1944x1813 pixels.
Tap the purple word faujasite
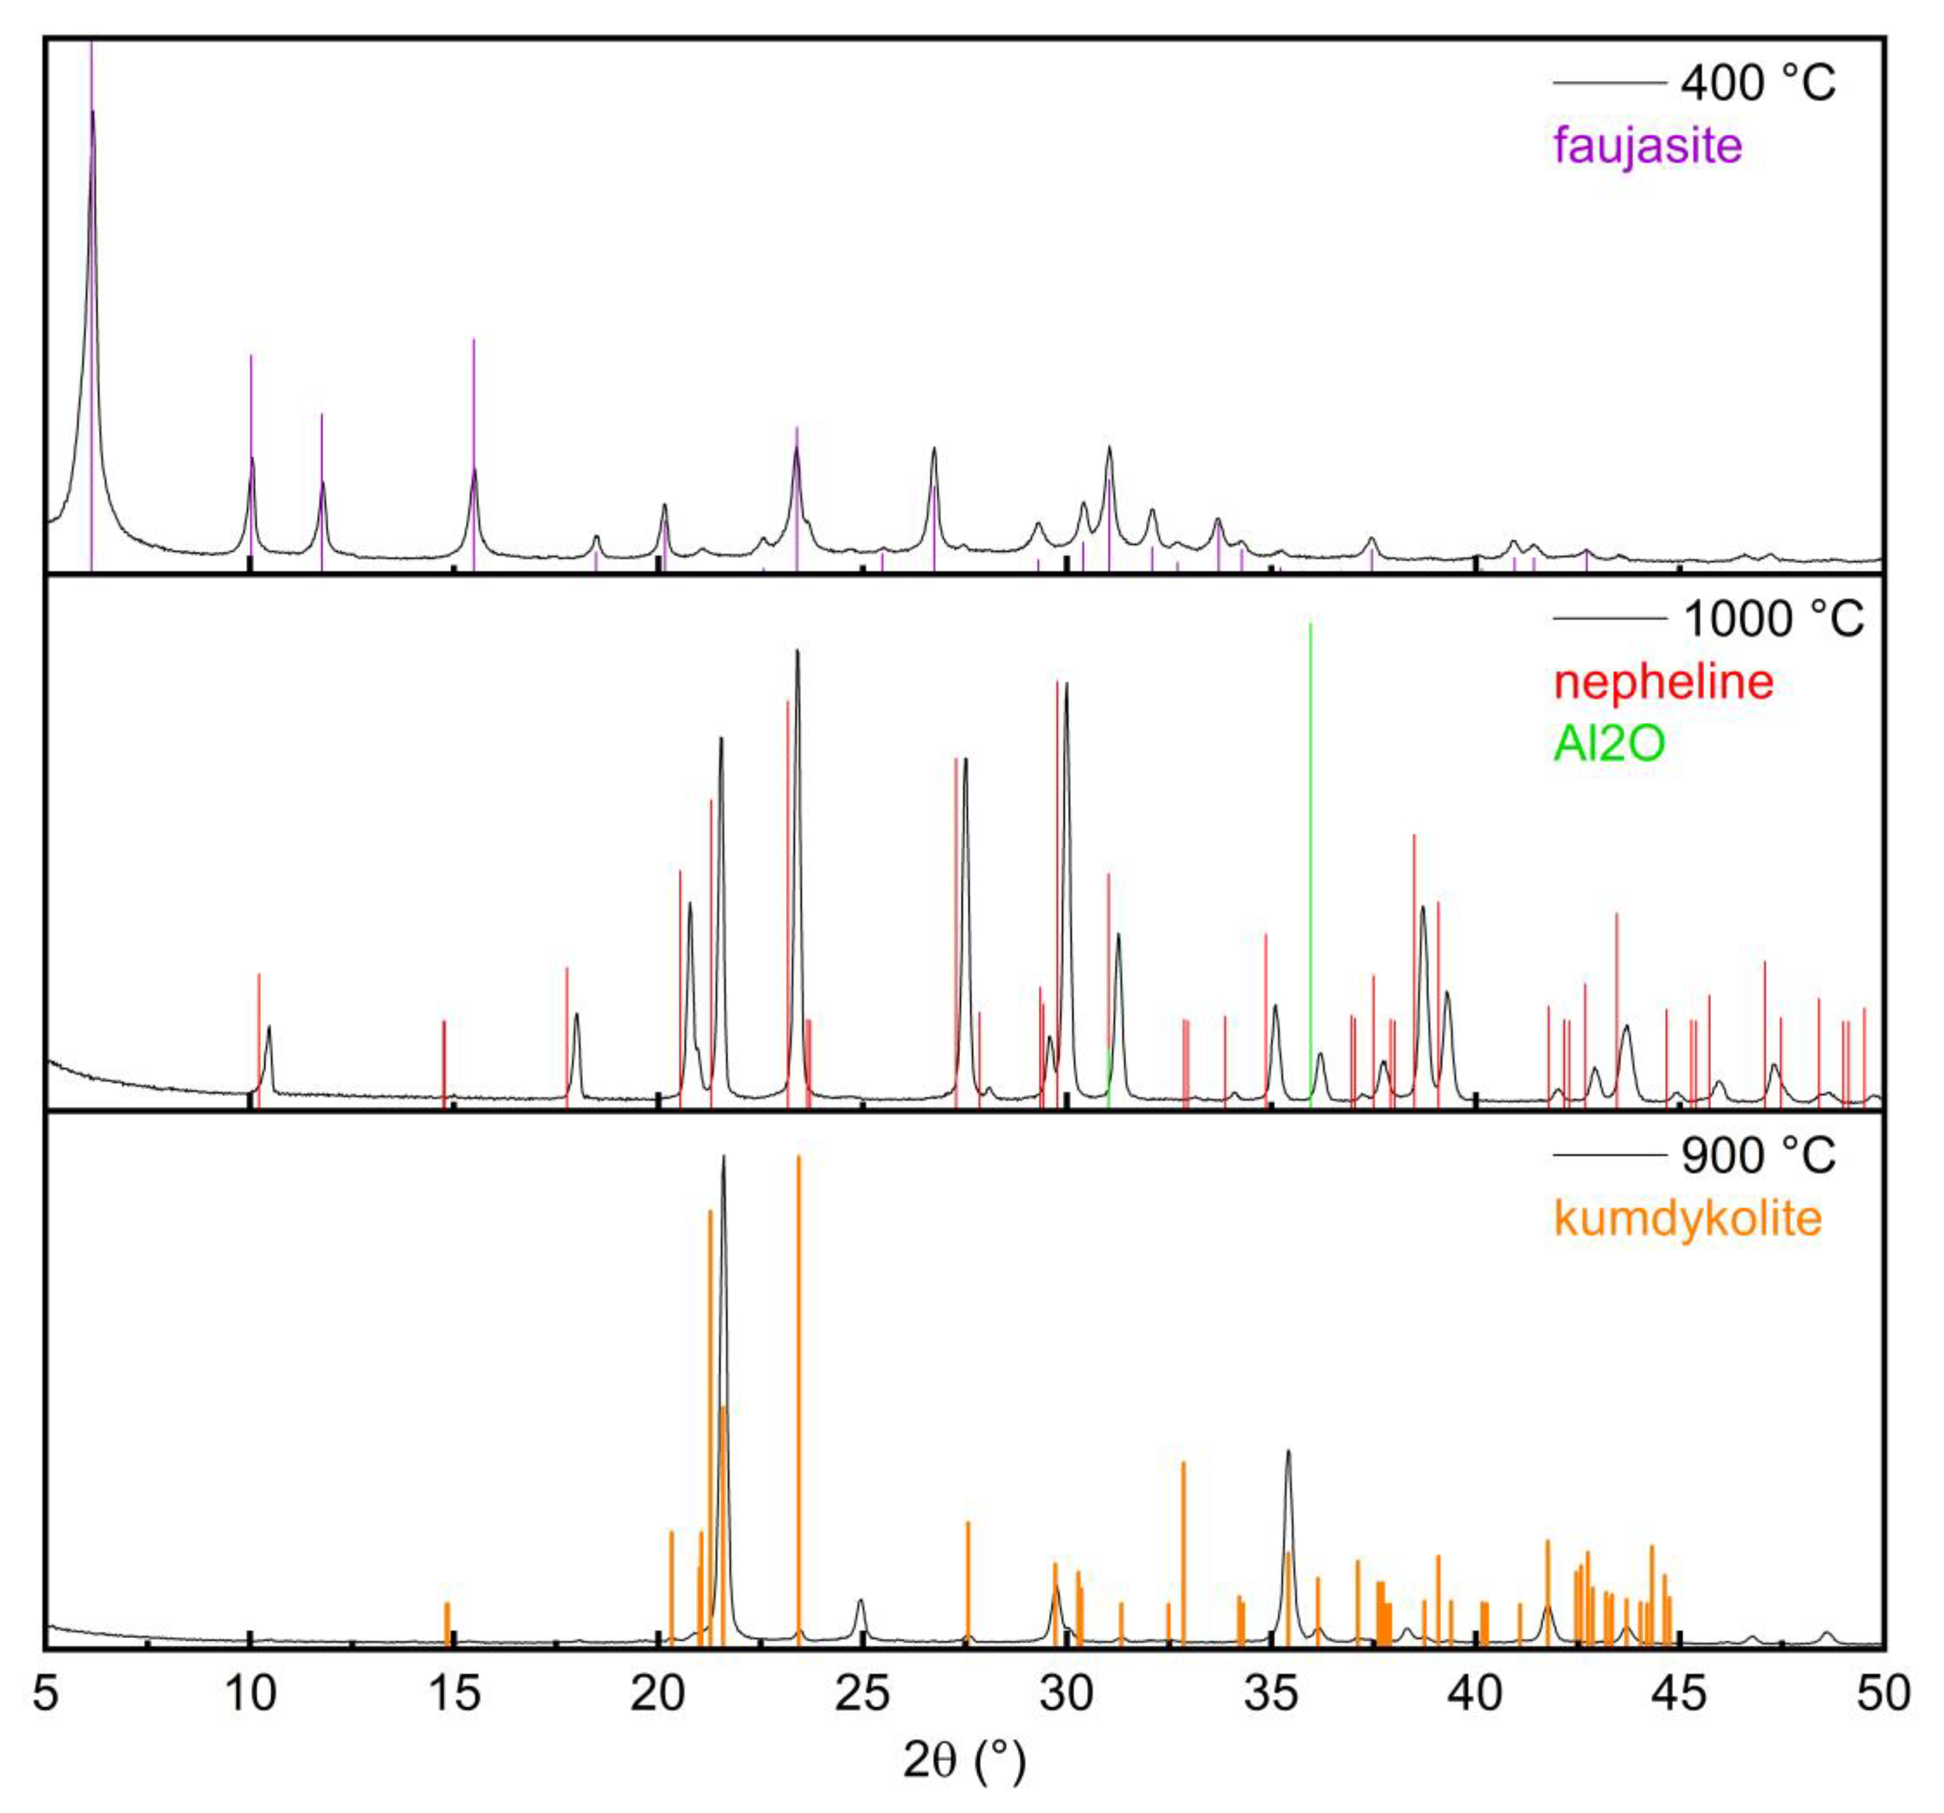1648,146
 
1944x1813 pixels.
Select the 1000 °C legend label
1772,619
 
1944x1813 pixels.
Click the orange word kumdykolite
1688,1219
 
